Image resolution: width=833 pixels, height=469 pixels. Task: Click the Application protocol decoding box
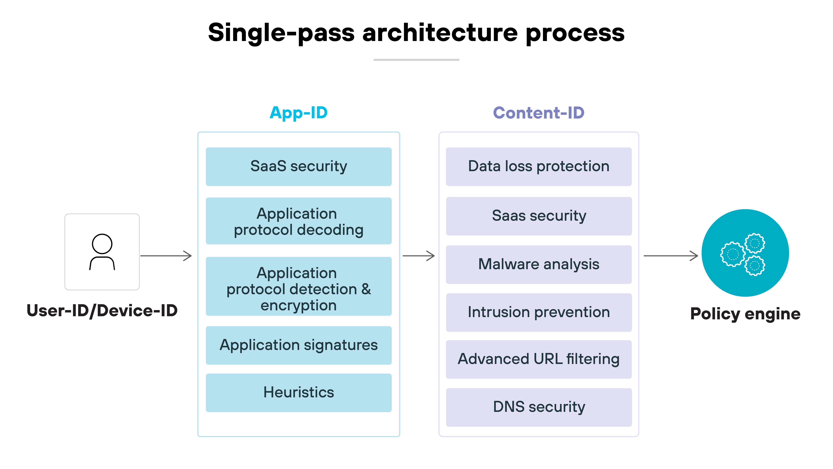pyautogui.click(x=299, y=221)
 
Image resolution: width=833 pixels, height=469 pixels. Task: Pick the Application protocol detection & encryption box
pyautogui.click(x=299, y=286)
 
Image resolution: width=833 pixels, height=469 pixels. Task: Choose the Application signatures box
pyautogui.click(x=299, y=345)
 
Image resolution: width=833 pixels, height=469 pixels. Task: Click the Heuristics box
pyautogui.click(x=299, y=393)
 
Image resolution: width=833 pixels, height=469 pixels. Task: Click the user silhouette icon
pyautogui.click(x=102, y=252)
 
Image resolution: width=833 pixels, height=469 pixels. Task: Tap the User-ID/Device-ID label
pyautogui.click(x=102, y=311)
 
